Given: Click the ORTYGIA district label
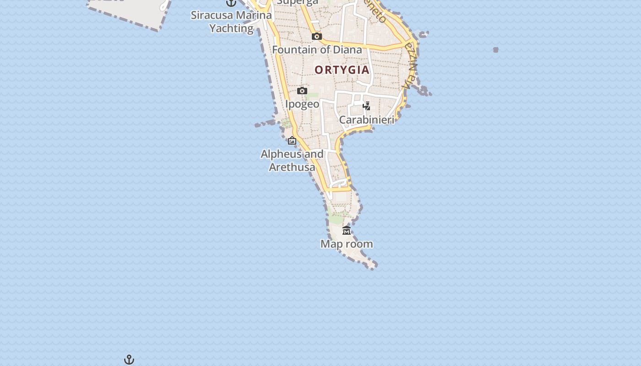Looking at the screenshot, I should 342,70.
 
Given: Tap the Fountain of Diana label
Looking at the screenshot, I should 317,49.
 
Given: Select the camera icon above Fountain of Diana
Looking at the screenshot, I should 316,36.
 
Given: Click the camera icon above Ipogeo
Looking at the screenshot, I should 302,91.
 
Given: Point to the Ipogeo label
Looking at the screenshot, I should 302,104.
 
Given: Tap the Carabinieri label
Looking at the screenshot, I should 366,120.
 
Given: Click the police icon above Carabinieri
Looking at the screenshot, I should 366,106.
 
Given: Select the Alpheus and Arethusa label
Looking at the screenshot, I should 292,160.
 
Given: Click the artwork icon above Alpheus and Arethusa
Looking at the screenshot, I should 292,140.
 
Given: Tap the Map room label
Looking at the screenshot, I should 347,244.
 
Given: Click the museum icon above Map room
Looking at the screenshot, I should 347,230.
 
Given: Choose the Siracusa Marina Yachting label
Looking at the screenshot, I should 231,22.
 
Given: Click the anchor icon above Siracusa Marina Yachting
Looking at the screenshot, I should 231,3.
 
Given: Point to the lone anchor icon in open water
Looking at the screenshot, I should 129,360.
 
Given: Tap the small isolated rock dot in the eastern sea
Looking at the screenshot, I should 495,50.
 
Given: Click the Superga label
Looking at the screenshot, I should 298,2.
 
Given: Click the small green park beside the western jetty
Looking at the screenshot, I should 286,123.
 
